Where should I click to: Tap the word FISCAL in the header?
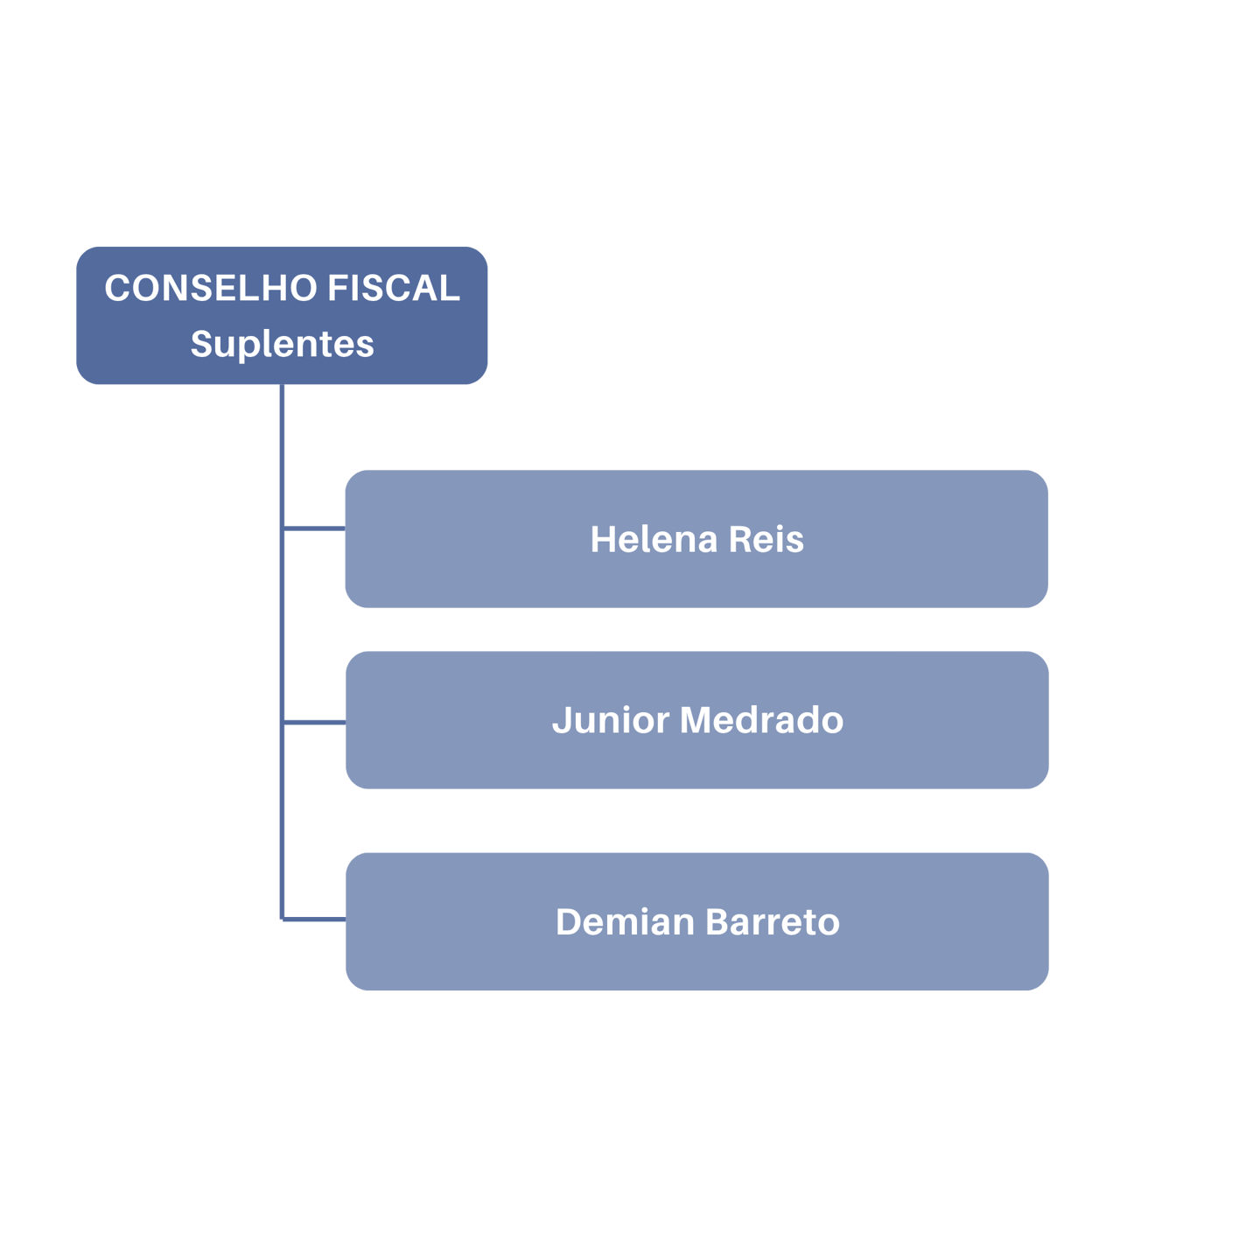(x=394, y=289)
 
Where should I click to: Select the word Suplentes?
(x=282, y=344)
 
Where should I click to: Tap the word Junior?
(x=610, y=720)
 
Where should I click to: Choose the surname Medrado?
(x=761, y=720)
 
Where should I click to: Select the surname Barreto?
(x=772, y=922)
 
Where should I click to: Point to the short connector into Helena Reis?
(x=314, y=528)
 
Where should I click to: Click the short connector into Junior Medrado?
(x=314, y=722)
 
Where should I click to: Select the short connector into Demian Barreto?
(x=314, y=919)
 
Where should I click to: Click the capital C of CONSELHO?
(x=117, y=289)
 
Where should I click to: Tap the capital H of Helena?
(x=602, y=540)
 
